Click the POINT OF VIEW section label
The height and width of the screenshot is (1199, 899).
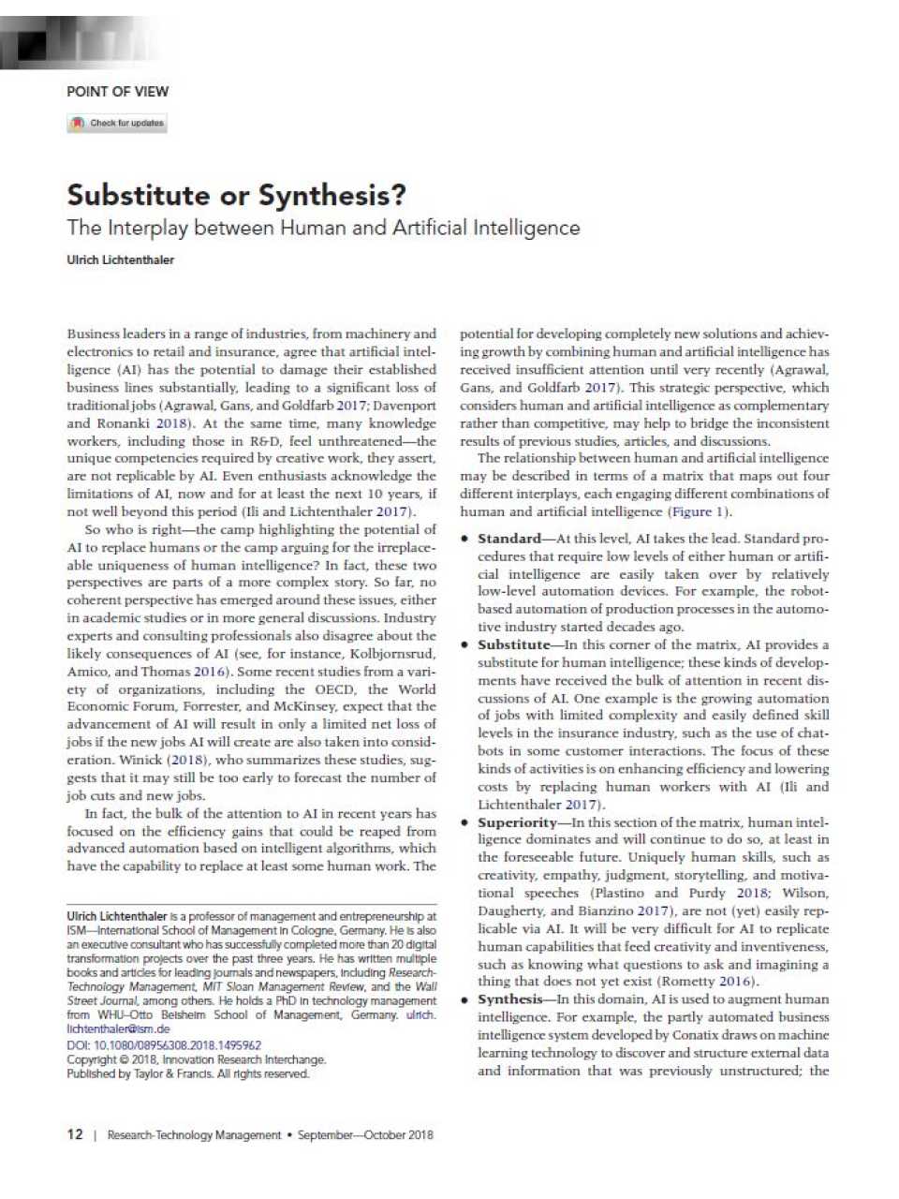tap(117, 92)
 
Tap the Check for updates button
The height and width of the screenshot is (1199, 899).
tap(117, 123)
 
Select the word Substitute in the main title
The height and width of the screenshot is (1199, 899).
tap(139, 195)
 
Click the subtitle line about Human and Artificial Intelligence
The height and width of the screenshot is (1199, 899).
tap(323, 228)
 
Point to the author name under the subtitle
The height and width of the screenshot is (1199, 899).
tap(120, 260)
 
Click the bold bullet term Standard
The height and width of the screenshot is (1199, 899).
tap(508, 539)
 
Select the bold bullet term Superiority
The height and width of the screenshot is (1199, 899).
tap(517, 822)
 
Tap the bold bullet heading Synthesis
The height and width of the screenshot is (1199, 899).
tap(509, 999)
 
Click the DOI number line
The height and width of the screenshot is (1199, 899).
tap(164, 1045)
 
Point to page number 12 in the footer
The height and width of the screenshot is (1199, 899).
tap(75, 1134)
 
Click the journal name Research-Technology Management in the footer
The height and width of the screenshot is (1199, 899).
tap(194, 1135)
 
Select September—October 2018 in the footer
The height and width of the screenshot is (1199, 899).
tap(365, 1135)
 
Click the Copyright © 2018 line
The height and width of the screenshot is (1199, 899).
tap(196, 1059)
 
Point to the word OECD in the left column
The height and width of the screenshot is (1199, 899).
tap(334, 689)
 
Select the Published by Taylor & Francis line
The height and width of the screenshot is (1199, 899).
tap(187, 1073)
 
